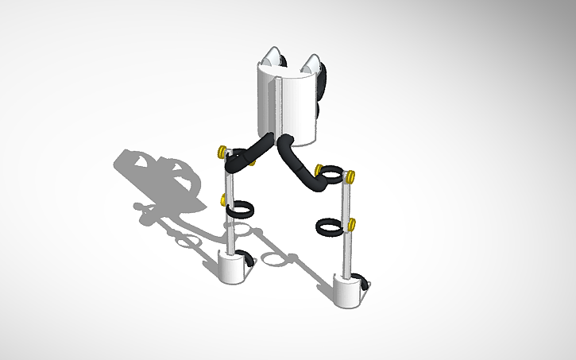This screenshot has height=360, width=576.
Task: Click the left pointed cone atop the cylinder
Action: pos(273,57)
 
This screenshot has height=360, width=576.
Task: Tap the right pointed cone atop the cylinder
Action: pos(312,64)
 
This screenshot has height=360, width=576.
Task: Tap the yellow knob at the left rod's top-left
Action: pos(220,150)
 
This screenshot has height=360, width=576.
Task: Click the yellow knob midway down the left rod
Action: pos(225,199)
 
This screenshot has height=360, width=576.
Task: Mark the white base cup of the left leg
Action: pos(232,268)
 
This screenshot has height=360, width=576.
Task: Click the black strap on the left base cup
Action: pos(250,260)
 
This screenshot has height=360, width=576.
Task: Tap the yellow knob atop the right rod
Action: pos(350,176)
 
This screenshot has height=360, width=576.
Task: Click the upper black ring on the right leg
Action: pos(333,172)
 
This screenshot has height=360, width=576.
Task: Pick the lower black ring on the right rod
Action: pos(330,227)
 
